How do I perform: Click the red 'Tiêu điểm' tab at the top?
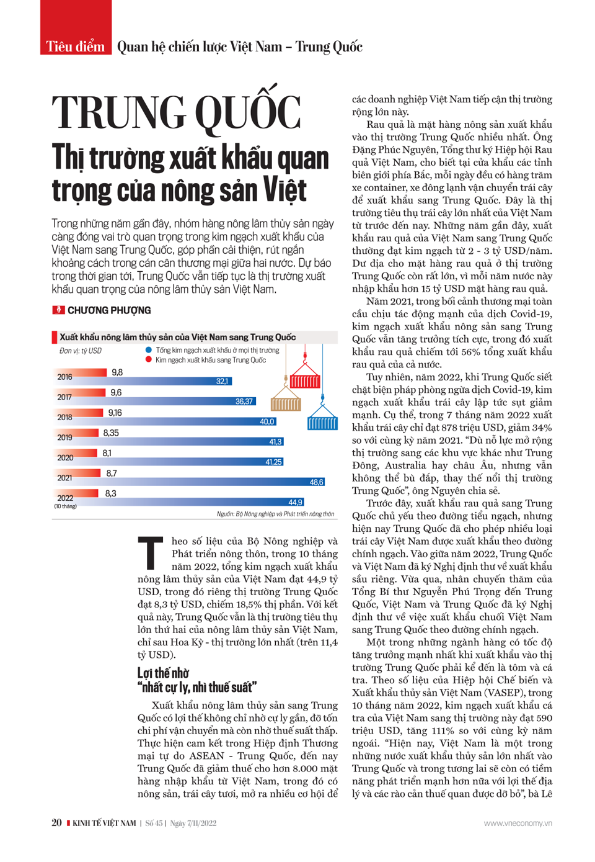76,46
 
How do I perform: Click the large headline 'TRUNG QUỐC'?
177,113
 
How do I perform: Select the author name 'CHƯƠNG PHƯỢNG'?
108,310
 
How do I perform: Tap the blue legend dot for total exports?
149,350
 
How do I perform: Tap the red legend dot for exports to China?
149,360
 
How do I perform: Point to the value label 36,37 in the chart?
244,402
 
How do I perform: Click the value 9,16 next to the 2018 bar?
115,413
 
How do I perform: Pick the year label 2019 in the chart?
64,438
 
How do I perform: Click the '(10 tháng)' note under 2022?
65,506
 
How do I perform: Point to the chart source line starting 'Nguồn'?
275,514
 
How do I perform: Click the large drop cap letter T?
150,553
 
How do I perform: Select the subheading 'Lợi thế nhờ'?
163,673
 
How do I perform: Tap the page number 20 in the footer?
56,823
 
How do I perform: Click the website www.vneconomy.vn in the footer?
518,823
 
